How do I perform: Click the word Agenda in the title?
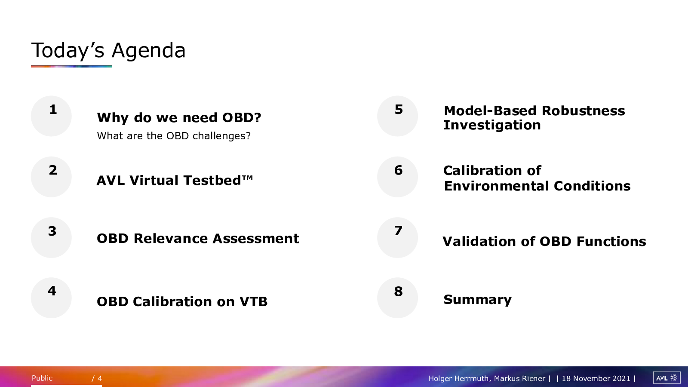click(149, 51)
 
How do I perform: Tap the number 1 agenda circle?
click(51, 116)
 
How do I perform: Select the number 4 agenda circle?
click(51, 298)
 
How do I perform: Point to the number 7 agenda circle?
click(397, 237)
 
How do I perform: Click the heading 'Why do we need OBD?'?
click(179, 118)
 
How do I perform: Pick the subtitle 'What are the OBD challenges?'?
click(174, 136)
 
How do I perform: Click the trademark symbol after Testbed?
click(247, 178)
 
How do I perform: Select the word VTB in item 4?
click(253, 301)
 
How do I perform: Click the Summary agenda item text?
click(478, 299)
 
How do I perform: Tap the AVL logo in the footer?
click(666, 378)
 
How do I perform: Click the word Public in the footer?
click(42, 378)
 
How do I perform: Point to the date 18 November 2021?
click(596, 378)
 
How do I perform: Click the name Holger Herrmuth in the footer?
click(458, 378)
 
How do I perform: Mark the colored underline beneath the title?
click(71, 66)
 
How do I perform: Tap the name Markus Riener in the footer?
click(519, 378)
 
